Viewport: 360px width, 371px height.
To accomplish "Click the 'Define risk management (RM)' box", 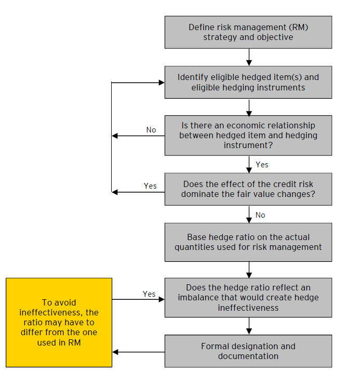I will (x=248, y=32).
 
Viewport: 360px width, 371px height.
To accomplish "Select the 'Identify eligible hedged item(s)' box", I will (x=248, y=82).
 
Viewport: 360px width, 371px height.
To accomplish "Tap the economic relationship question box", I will (x=248, y=135).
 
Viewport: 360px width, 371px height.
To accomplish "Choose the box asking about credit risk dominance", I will (x=248, y=189).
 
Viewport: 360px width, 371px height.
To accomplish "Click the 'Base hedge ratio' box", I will (x=248, y=242).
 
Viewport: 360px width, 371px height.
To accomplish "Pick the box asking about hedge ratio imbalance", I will (x=248, y=297).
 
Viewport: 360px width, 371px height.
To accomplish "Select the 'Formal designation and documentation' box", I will (x=248, y=351).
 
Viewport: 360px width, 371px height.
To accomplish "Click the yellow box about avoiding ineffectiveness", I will (x=59, y=322).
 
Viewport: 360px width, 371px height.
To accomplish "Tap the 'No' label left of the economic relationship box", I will (x=151, y=130).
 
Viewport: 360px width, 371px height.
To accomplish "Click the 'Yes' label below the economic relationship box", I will (x=262, y=164).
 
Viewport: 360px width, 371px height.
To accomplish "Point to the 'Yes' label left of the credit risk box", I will (x=150, y=186).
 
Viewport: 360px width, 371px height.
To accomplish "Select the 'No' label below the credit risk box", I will (x=260, y=215).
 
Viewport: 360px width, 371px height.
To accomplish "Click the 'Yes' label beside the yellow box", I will (x=149, y=294).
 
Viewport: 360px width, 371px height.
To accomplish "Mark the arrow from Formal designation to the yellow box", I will (x=138, y=352).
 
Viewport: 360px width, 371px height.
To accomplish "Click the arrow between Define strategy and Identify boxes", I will (x=249, y=57).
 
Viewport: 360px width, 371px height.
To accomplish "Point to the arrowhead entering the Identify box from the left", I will (x=161, y=82).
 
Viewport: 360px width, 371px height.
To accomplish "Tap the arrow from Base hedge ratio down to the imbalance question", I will (x=249, y=269).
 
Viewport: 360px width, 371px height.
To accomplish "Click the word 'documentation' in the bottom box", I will (x=248, y=356).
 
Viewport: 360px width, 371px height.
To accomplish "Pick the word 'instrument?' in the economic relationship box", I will (x=248, y=145).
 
